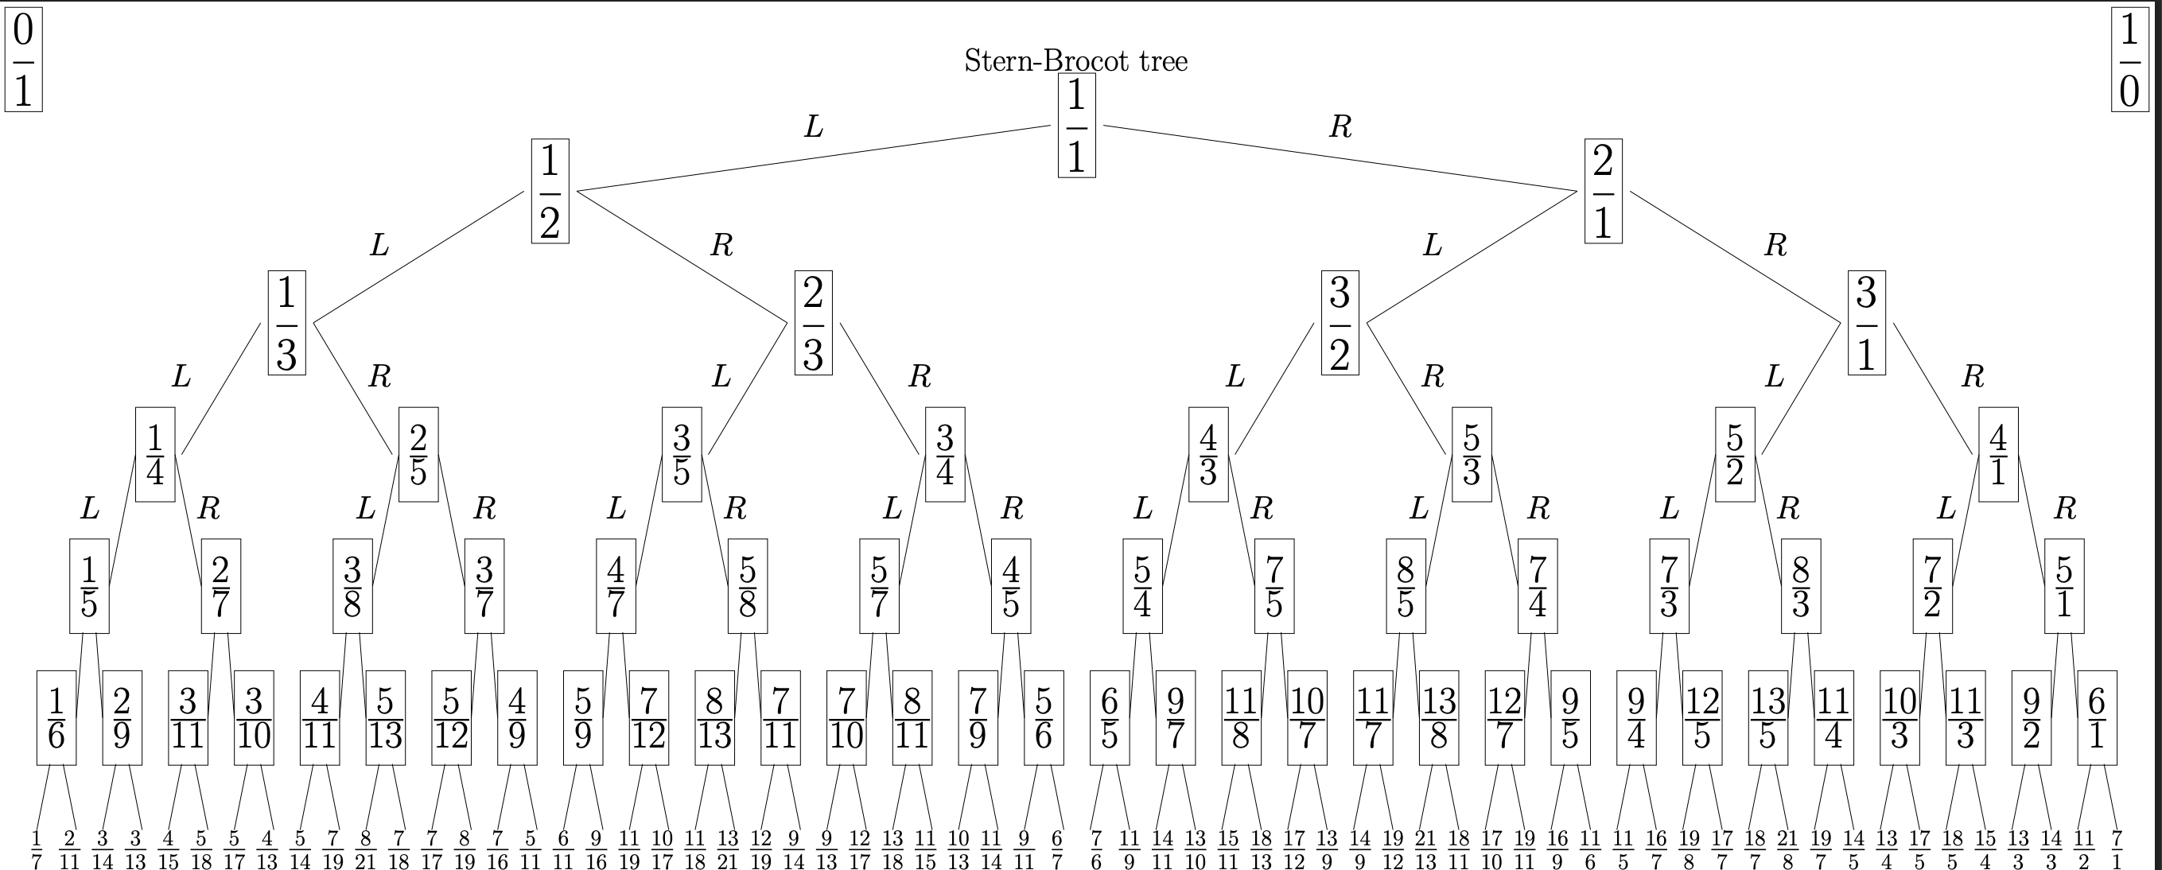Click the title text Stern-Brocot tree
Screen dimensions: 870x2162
click(1076, 60)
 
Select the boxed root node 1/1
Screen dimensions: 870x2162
click(1076, 126)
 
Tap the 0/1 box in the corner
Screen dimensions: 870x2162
click(24, 59)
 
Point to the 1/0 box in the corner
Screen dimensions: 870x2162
click(2129, 59)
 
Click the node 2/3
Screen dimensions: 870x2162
click(813, 323)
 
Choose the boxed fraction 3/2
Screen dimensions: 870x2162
click(1340, 323)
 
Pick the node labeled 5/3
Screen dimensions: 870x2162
click(1472, 455)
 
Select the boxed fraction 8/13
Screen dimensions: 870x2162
click(714, 718)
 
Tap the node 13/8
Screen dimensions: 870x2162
click(1438, 718)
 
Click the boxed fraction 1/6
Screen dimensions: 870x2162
click(56, 718)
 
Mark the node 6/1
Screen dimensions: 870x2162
click(2097, 718)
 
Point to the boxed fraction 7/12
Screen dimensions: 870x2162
click(649, 718)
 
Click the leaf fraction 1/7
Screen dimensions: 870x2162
click(36, 849)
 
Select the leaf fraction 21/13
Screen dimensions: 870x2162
click(1425, 849)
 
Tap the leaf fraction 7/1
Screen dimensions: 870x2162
click(2117, 849)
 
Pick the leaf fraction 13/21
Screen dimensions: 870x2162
click(727, 849)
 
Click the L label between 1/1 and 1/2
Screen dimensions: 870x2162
click(813, 126)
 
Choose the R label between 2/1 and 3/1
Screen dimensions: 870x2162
click(1775, 245)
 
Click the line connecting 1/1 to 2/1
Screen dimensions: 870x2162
click(1340, 157)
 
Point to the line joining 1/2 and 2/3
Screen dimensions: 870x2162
click(682, 257)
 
